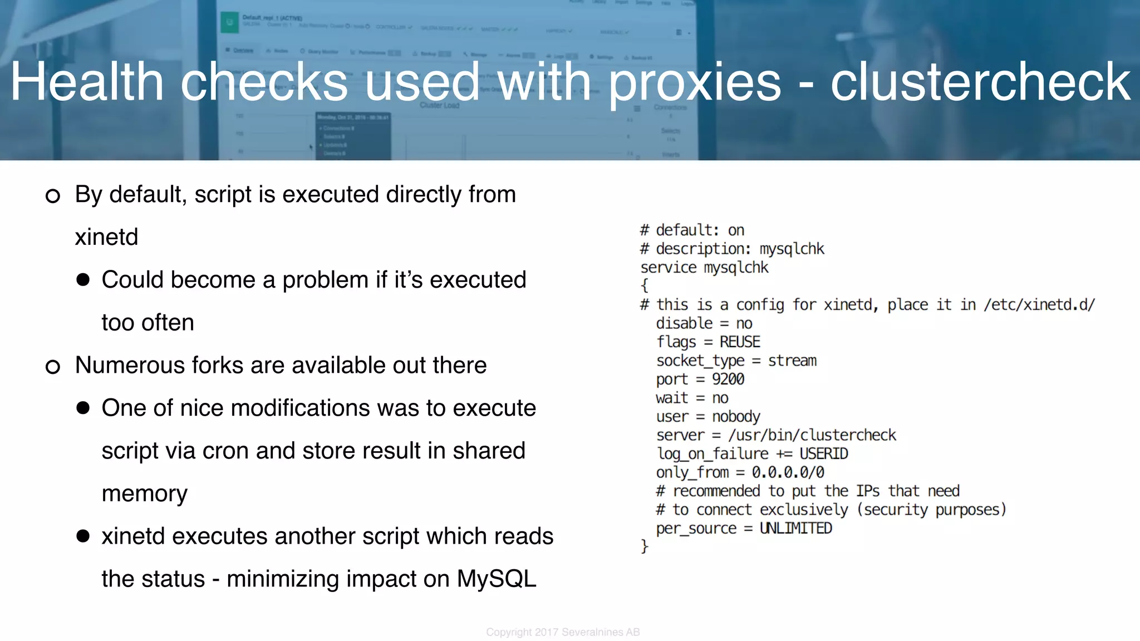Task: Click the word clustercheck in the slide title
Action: coord(980,82)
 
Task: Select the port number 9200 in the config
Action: coord(728,379)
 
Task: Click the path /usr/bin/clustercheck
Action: coord(812,435)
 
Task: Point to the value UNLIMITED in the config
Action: coord(795,528)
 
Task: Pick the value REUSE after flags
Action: coord(740,342)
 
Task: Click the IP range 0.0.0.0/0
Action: coord(788,472)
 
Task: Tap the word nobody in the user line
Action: coord(736,417)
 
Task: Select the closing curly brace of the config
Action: coord(645,546)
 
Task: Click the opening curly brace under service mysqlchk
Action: coord(645,286)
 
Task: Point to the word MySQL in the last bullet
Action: coord(497,579)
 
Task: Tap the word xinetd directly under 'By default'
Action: coord(106,237)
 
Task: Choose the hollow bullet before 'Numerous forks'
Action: coord(53,367)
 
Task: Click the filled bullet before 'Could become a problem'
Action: coord(83,280)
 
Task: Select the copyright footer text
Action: coord(563,632)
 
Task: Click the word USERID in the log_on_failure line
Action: coord(824,454)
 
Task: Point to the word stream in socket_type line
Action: coord(792,361)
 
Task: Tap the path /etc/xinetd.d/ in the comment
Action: coord(1039,305)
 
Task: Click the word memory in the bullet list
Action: coord(145,494)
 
